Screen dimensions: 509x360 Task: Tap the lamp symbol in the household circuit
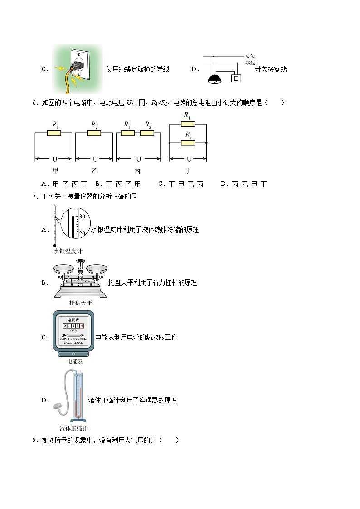pos(214,79)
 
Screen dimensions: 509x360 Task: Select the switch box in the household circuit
pos(236,78)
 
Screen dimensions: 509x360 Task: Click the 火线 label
pos(250,56)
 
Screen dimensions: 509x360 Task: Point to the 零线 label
pos(250,63)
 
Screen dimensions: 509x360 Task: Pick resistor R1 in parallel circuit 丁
pos(188,124)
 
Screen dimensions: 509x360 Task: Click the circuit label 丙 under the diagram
pos(137,170)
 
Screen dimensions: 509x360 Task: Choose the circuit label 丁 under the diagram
pos(188,170)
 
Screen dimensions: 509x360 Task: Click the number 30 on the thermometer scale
pos(82,217)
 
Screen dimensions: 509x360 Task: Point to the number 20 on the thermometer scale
pos(82,233)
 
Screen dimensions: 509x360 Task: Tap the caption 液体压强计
pos(73,428)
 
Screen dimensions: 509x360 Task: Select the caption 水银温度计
pos(68,251)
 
